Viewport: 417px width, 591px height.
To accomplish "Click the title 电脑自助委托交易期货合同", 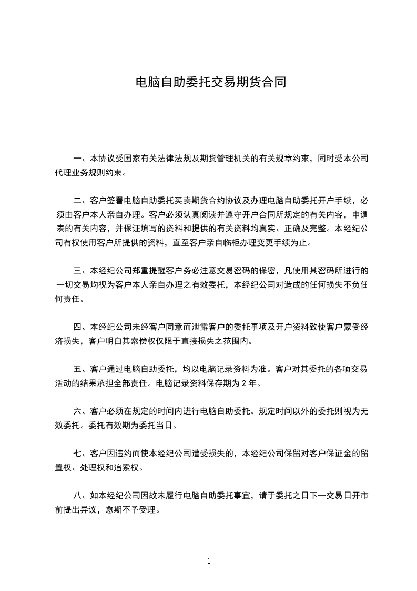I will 210,83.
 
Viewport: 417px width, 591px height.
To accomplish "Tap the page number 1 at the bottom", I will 209,561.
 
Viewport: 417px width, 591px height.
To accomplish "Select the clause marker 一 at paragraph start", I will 77,158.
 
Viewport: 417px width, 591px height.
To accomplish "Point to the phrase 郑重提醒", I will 152,271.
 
